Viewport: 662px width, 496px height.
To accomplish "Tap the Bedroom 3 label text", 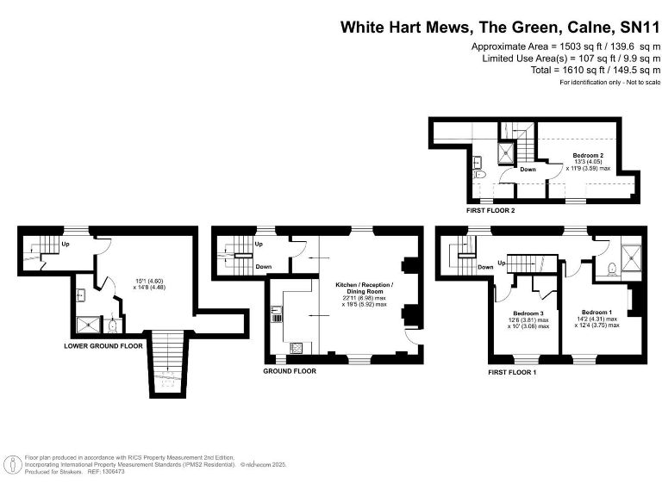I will (x=528, y=313).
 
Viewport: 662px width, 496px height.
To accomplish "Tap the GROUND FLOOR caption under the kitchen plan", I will (x=290, y=371).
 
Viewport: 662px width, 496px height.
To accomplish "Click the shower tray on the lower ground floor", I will (x=89, y=325).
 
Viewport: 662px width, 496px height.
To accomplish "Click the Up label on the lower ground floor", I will (x=66, y=244).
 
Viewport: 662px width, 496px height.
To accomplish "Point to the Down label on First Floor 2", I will (x=528, y=170).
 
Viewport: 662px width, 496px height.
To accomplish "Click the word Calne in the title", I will (x=584, y=27).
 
